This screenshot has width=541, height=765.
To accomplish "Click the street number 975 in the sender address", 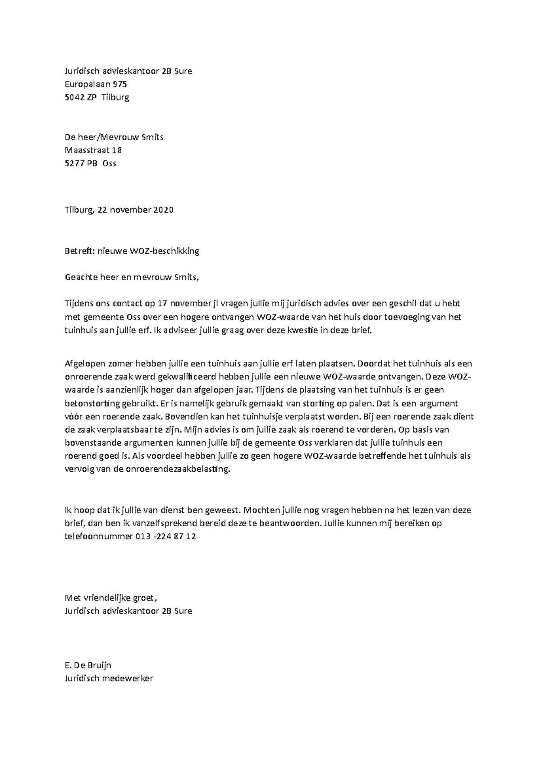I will pos(120,84).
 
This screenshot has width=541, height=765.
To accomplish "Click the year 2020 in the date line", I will pos(163,210).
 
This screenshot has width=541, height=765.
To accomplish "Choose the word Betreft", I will pos(79,251).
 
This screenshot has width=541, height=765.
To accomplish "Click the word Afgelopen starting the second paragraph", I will pos(84,364).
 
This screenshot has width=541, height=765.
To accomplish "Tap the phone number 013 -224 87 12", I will pos(165,537).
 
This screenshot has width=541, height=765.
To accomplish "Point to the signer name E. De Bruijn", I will pos(88,665).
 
